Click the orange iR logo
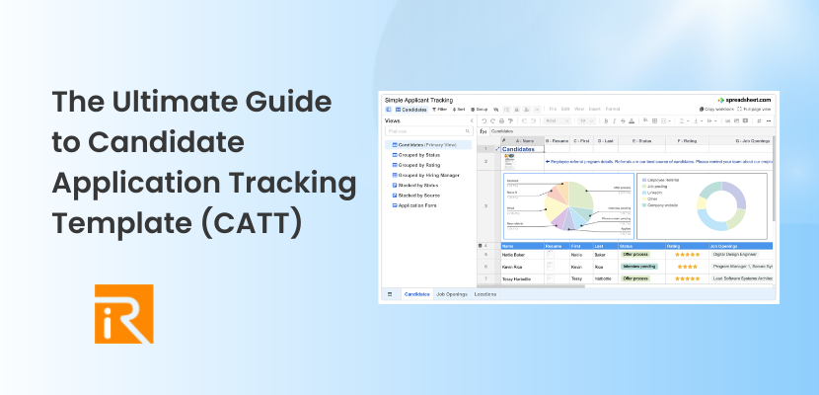pos(123,313)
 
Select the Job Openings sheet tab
pos(451,294)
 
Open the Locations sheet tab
pos(485,294)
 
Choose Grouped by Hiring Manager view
pos(430,175)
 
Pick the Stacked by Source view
pos(419,194)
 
